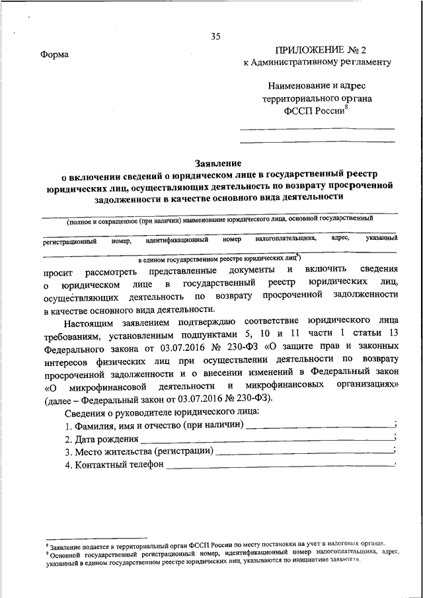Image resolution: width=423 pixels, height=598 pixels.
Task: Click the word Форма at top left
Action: click(x=54, y=54)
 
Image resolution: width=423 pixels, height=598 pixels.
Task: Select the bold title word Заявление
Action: click(x=218, y=163)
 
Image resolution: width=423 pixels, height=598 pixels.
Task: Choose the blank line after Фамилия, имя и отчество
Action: click(x=319, y=426)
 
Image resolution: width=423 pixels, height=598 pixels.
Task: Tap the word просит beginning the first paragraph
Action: click(x=57, y=272)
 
